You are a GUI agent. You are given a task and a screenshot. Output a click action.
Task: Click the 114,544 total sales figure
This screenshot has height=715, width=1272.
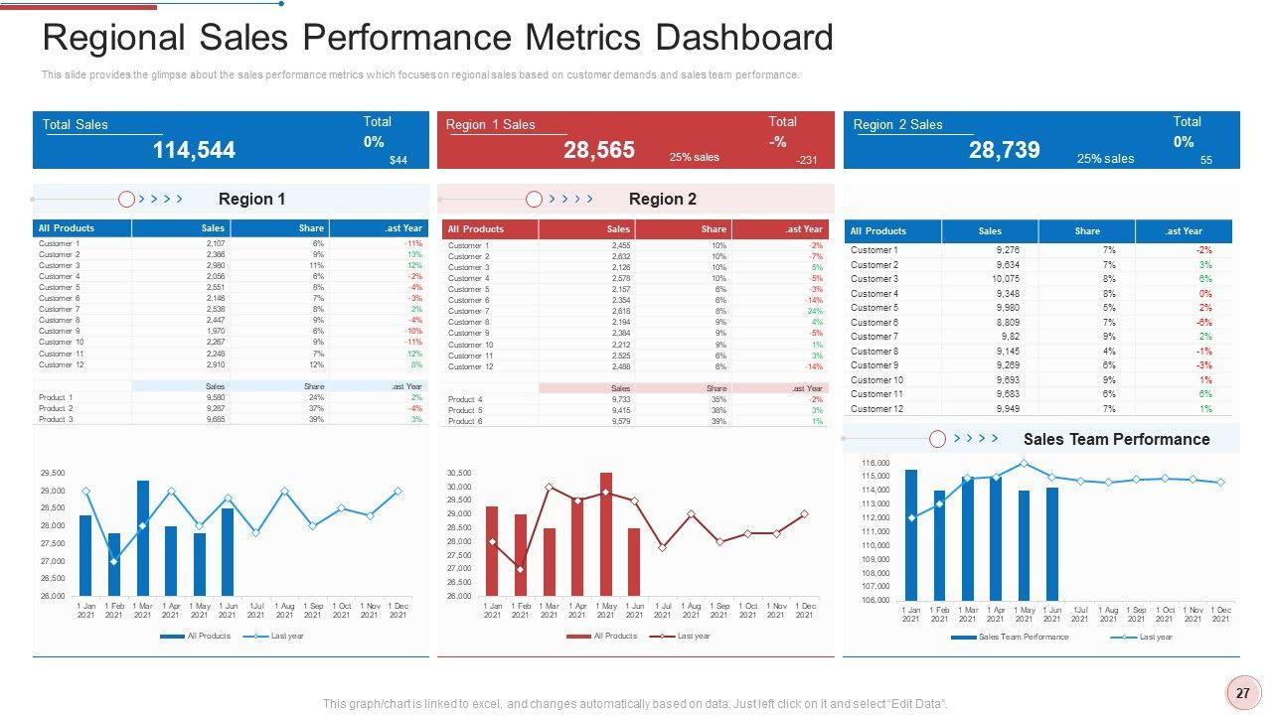194,150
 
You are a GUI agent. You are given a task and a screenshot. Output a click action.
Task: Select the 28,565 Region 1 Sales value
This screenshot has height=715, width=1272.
598,150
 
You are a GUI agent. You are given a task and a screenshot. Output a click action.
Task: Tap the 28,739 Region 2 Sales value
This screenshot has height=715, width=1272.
1004,150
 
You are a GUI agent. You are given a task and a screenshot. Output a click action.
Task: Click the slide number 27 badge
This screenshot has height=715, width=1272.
1242,694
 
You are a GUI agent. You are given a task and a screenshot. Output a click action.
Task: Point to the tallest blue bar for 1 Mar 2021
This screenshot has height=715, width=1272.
143,537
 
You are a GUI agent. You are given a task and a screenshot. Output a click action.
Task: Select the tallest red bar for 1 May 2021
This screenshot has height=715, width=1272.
606,533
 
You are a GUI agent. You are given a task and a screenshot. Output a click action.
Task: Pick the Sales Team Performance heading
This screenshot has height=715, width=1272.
1116,439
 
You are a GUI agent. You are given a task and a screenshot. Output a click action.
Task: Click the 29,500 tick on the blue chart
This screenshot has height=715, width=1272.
53,473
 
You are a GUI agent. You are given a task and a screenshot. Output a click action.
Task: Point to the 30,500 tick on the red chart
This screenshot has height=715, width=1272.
459,473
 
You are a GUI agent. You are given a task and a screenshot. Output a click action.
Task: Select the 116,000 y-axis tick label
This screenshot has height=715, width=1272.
876,463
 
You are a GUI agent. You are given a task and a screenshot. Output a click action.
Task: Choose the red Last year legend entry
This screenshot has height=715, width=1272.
693,636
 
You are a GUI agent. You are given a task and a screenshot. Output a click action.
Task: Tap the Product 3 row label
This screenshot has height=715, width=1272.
56,419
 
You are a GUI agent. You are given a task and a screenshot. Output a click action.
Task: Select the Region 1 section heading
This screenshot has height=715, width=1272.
251,199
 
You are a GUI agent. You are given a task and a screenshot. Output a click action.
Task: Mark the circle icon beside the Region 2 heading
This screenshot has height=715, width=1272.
534,199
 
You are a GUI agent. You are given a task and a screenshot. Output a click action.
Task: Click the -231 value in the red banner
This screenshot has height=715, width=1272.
806,160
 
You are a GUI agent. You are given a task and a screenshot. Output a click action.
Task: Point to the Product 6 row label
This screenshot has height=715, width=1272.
465,421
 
